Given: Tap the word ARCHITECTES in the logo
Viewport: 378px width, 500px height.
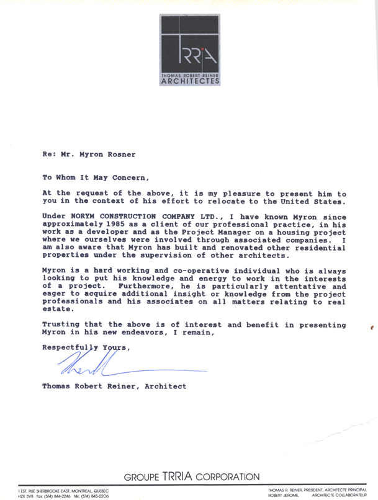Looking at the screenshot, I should pyautogui.click(x=189, y=81).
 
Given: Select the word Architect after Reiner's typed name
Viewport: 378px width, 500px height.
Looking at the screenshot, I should pyautogui.click(x=166, y=386).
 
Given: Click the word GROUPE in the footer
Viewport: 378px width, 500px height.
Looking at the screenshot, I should pyautogui.click(x=143, y=477).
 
